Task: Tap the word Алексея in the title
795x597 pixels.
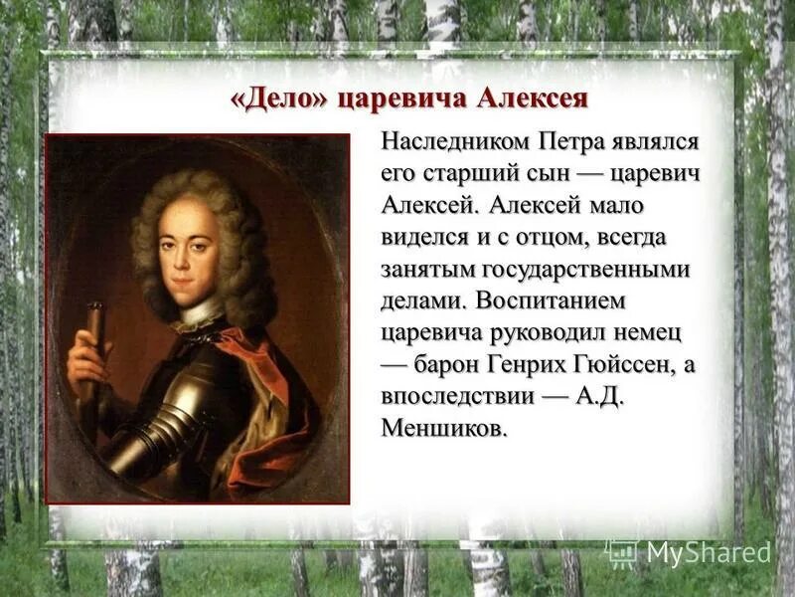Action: pos(533,100)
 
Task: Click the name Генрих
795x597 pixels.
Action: pos(548,364)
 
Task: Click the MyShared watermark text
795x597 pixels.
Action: pos(708,552)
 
